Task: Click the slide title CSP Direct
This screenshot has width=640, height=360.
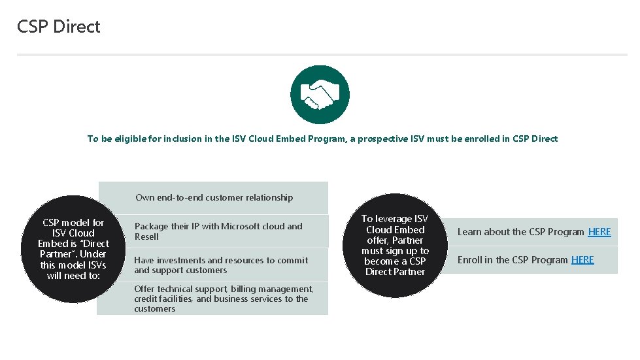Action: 59,27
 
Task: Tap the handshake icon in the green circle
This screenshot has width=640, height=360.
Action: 320,95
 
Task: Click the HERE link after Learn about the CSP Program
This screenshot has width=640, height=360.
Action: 599,232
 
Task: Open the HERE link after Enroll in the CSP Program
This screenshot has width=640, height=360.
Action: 582,260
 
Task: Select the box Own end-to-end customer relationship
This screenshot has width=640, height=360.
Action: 214,197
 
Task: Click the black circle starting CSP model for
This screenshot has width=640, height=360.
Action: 73,249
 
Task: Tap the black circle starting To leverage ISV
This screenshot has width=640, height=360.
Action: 395,245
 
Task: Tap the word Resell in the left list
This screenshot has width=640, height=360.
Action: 146,237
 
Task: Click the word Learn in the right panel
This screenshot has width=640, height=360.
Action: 469,232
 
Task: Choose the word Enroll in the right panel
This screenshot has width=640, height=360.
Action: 469,260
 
